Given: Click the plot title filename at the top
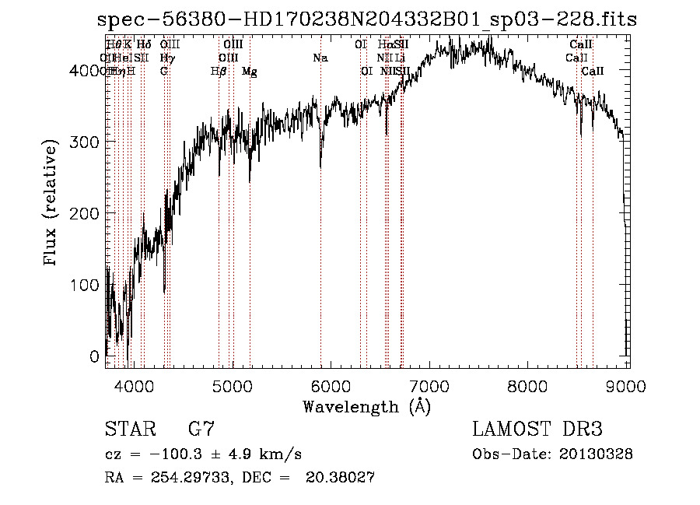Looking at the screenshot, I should click(x=366, y=19).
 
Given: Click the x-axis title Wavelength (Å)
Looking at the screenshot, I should click(x=366, y=406).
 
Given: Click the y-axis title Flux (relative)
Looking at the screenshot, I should click(x=52, y=204).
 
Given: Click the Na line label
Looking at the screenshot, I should click(x=320, y=58).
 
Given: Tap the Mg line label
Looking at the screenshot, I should click(x=250, y=72).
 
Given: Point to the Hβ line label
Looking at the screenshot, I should click(x=219, y=72).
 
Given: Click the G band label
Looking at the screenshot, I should click(x=164, y=72).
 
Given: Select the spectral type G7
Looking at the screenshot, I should click(x=201, y=430).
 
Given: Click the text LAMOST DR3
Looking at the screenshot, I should click(x=537, y=430).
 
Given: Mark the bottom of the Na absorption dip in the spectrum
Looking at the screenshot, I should click(x=320, y=166).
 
